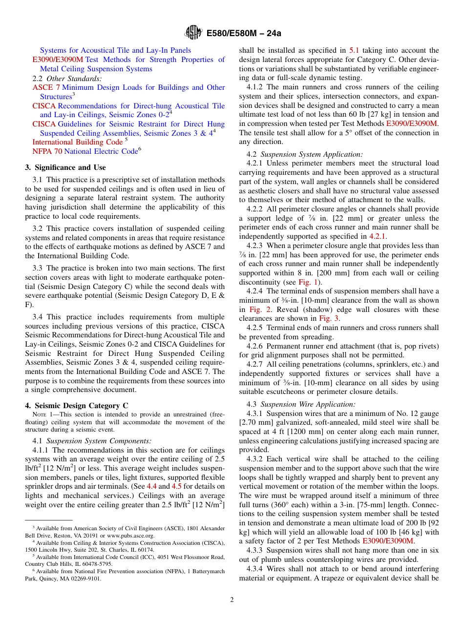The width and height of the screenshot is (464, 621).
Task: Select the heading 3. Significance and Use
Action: [65, 167]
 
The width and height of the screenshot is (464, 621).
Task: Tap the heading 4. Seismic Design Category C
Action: [73, 406]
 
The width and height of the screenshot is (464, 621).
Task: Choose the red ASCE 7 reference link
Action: [46, 87]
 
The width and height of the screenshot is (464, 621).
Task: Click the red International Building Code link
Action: [77, 142]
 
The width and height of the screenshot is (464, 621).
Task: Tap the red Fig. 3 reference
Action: [329, 319]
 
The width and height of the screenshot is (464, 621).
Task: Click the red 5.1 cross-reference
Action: [355, 50]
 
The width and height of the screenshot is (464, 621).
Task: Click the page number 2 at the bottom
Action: [232, 600]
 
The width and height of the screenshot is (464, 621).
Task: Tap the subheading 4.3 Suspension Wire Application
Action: [301, 404]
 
